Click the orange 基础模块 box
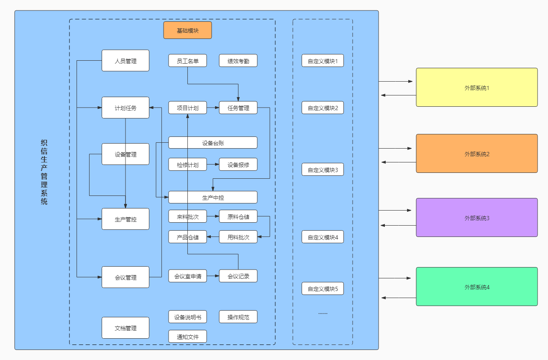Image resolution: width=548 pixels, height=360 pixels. (187, 30)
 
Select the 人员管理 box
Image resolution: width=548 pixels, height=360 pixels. (125, 60)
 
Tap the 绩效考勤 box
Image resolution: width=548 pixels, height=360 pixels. (238, 60)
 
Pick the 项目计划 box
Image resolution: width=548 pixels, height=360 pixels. (187, 108)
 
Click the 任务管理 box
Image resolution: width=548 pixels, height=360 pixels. (238, 108)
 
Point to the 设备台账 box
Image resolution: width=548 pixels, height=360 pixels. (213, 143)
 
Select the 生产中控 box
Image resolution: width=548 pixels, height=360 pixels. (213, 197)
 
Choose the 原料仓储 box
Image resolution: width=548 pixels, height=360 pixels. (238, 216)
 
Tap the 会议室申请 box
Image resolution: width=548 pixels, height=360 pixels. (187, 276)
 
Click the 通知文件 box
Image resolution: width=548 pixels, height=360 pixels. (187, 337)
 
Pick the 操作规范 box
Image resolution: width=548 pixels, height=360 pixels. (238, 317)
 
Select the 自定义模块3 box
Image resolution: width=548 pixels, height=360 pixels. (323, 170)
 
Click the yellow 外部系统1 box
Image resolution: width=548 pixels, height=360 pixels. (477, 87)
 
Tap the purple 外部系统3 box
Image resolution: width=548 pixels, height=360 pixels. (477, 218)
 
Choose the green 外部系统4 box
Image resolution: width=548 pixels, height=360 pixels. (477, 287)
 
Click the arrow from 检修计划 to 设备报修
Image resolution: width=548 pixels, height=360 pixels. (213, 165)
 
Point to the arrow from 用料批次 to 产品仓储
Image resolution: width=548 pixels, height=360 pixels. (213, 237)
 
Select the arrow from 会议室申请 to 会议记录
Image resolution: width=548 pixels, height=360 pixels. (213, 276)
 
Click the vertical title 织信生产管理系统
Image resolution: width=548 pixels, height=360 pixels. (44, 172)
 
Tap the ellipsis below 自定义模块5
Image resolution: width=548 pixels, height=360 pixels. (323, 313)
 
